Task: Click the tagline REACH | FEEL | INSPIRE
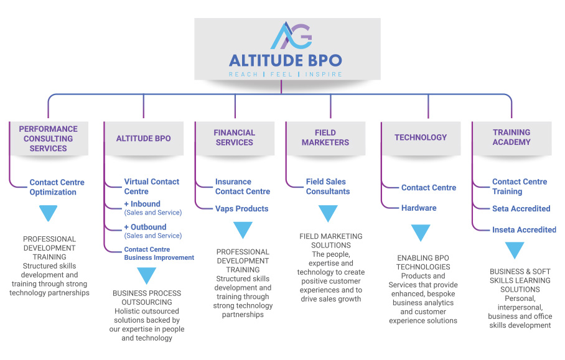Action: [286, 74]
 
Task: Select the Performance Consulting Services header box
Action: [48, 139]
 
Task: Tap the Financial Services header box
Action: [235, 137]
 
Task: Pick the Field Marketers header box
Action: [325, 137]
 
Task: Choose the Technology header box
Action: [421, 137]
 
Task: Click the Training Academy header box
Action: [511, 137]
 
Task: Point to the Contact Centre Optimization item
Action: [57, 187]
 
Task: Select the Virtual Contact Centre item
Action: [152, 187]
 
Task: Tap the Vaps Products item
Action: [242, 209]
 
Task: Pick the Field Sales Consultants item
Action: [328, 187]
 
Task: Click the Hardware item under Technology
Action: [419, 208]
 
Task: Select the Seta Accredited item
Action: [521, 209]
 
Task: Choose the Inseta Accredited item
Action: [524, 229]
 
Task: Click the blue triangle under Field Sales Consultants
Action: [328, 213]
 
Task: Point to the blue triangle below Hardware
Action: [421, 233]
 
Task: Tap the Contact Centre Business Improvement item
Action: [159, 254]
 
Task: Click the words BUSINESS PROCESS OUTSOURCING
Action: [147, 298]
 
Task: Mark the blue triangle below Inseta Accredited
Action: [515, 250]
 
